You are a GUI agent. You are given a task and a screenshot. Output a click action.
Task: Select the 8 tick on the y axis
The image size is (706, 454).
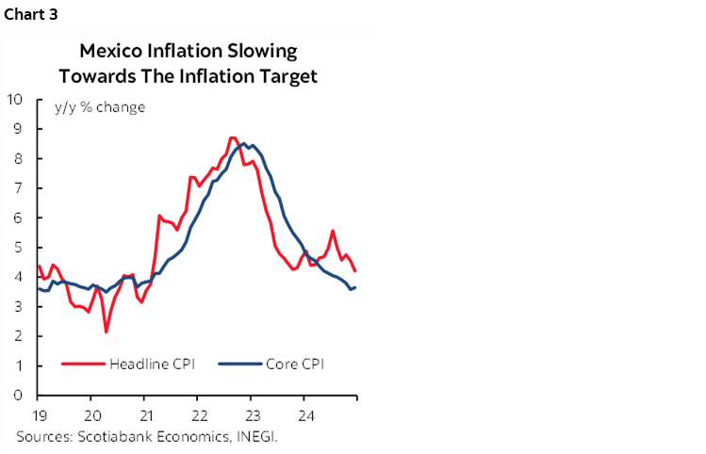tap(18, 157)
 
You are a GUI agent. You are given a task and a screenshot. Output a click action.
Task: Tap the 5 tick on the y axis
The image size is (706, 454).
tap(18, 247)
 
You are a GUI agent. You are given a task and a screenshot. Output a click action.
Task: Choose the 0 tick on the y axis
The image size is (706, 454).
tap(18, 396)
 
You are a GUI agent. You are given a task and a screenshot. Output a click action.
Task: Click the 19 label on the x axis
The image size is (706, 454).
tap(39, 414)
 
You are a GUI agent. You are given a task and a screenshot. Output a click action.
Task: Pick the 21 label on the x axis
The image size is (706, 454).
tap(144, 414)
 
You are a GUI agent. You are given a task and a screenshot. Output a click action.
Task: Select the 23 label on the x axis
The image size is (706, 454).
tap(252, 414)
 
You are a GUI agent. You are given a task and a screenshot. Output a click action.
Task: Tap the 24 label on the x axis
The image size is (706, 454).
tap(305, 414)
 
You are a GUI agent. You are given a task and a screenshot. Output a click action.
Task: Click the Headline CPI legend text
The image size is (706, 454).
tap(152, 364)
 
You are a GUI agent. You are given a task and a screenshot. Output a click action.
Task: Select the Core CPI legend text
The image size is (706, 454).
tap(294, 364)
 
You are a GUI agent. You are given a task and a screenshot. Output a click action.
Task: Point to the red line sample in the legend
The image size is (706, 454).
tap(83, 364)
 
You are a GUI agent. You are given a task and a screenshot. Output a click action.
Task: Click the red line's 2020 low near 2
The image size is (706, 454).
tap(107, 332)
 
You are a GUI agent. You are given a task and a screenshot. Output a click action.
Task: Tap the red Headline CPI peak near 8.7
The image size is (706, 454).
tap(233, 138)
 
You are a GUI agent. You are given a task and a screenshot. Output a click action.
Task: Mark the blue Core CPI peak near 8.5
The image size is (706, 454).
tap(244, 143)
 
